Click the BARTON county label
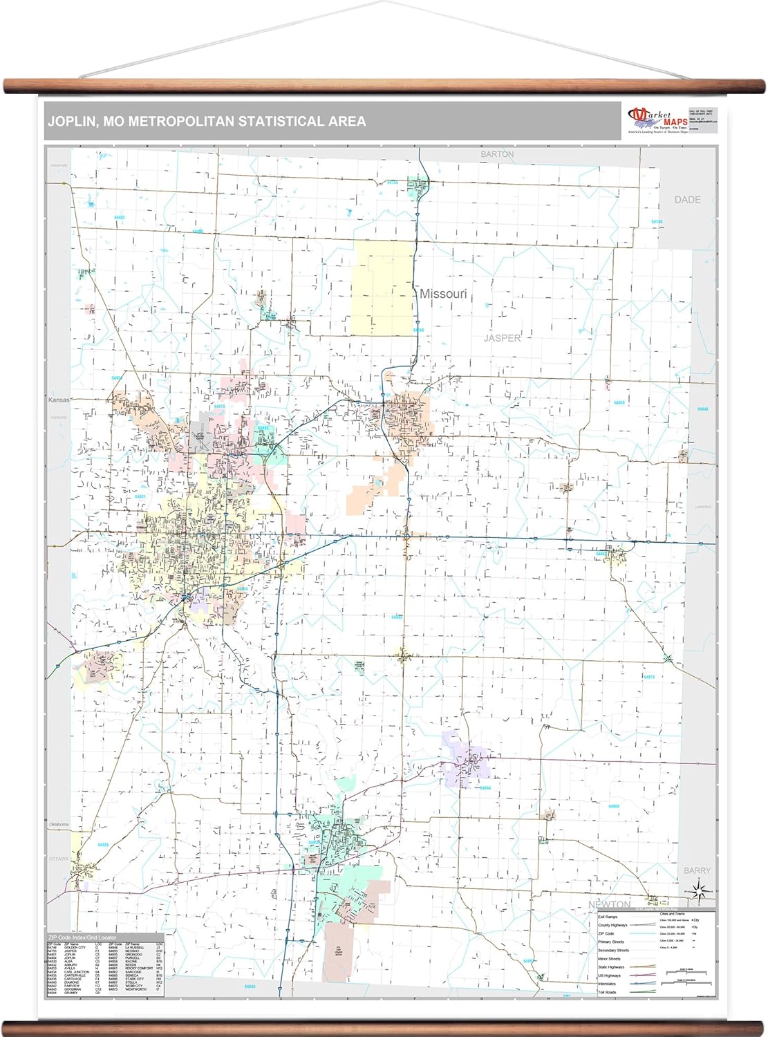pos(497,154)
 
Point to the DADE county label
pos(687,199)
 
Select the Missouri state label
pos(443,294)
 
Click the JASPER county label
pos(502,338)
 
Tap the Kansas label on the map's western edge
pos(59,400)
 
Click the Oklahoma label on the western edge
pos(59,825)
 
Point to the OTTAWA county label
pos(59,859)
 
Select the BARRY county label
pos(697,870)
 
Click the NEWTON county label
pos(609,904)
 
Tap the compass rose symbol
pos(700,892)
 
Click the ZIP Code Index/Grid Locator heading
pos(83,937)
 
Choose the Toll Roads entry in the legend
pos(606,992)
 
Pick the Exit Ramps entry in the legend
pos(608,917)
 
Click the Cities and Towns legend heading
pos(672,914)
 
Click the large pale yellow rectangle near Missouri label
pos(382,288)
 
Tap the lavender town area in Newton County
pos(465,759)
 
